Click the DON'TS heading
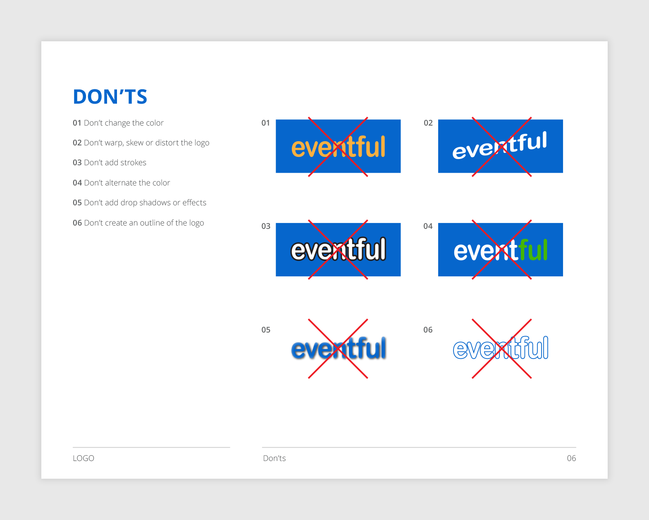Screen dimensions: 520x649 [x=110, y=97]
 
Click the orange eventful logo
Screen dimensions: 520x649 [x=338, y=147]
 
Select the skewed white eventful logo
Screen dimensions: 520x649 [x=500, y=146]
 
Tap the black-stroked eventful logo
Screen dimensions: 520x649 [x=338, y=249]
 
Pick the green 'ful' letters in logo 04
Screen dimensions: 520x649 [x=534, y=250]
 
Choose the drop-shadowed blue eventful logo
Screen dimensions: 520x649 [x=338, y=349]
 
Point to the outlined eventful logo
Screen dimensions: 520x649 [x=501, y=348]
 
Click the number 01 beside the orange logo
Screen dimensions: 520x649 [x=265, y=123]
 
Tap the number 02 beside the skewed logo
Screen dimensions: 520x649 [x=428, y=123]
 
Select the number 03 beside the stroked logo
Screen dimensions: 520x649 [x=266, y=226]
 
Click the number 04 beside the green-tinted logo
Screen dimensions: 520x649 [x=428, y=226]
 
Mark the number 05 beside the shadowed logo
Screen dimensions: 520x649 [x=266, y=330]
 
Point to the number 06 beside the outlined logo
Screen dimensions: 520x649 [x=428, y=330]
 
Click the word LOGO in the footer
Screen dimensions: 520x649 [x=84, y=458]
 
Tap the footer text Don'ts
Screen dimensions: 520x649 [x=274, y=458]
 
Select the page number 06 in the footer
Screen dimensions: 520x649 [x=571, y=458]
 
